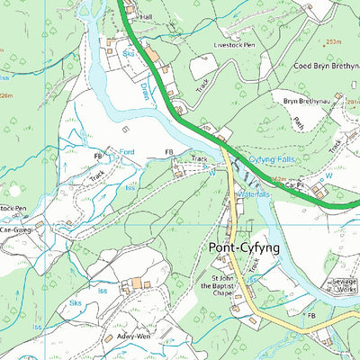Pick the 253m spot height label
point(334,41)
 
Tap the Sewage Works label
point(344,286)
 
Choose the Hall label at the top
point(147,17)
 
